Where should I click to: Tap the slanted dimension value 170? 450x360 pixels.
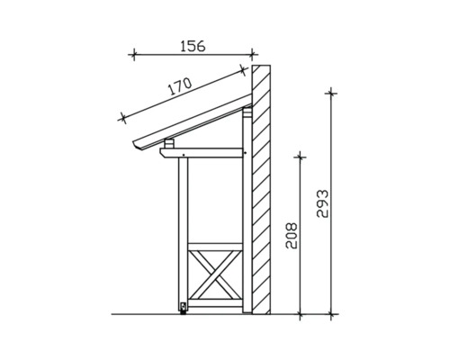(180, 87)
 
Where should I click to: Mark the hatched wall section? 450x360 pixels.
(261, 189)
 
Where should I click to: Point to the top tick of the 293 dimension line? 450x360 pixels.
(333, 92)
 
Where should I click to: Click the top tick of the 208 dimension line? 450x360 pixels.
(301, 156)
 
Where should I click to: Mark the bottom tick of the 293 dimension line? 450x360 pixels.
(333, 314)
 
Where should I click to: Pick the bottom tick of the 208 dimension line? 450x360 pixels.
(301, 314)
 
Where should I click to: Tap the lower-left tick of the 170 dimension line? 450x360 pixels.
(120, 117)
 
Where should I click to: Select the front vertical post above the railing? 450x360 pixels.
(184, 202)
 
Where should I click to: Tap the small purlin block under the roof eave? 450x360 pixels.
(170, 142)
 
